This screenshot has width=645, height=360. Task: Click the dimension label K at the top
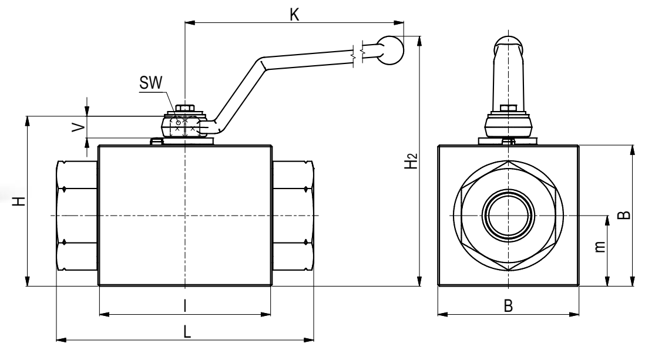[295, 14]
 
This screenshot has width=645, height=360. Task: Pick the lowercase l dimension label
[185, 305]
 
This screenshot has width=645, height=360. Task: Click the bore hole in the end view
[509, 215]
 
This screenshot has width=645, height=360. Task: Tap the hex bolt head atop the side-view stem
[185, 108]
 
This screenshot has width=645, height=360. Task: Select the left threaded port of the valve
[78, 215]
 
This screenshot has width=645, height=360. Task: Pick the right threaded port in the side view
[293, 215]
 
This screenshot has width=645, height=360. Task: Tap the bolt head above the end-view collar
[509, 108]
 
